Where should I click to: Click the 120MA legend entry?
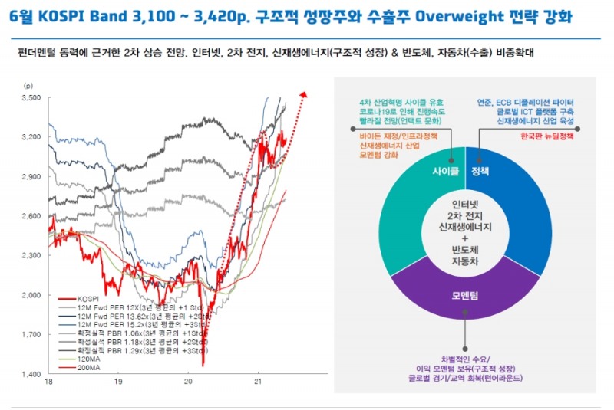(87, 359)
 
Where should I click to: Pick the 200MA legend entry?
(87, 368)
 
